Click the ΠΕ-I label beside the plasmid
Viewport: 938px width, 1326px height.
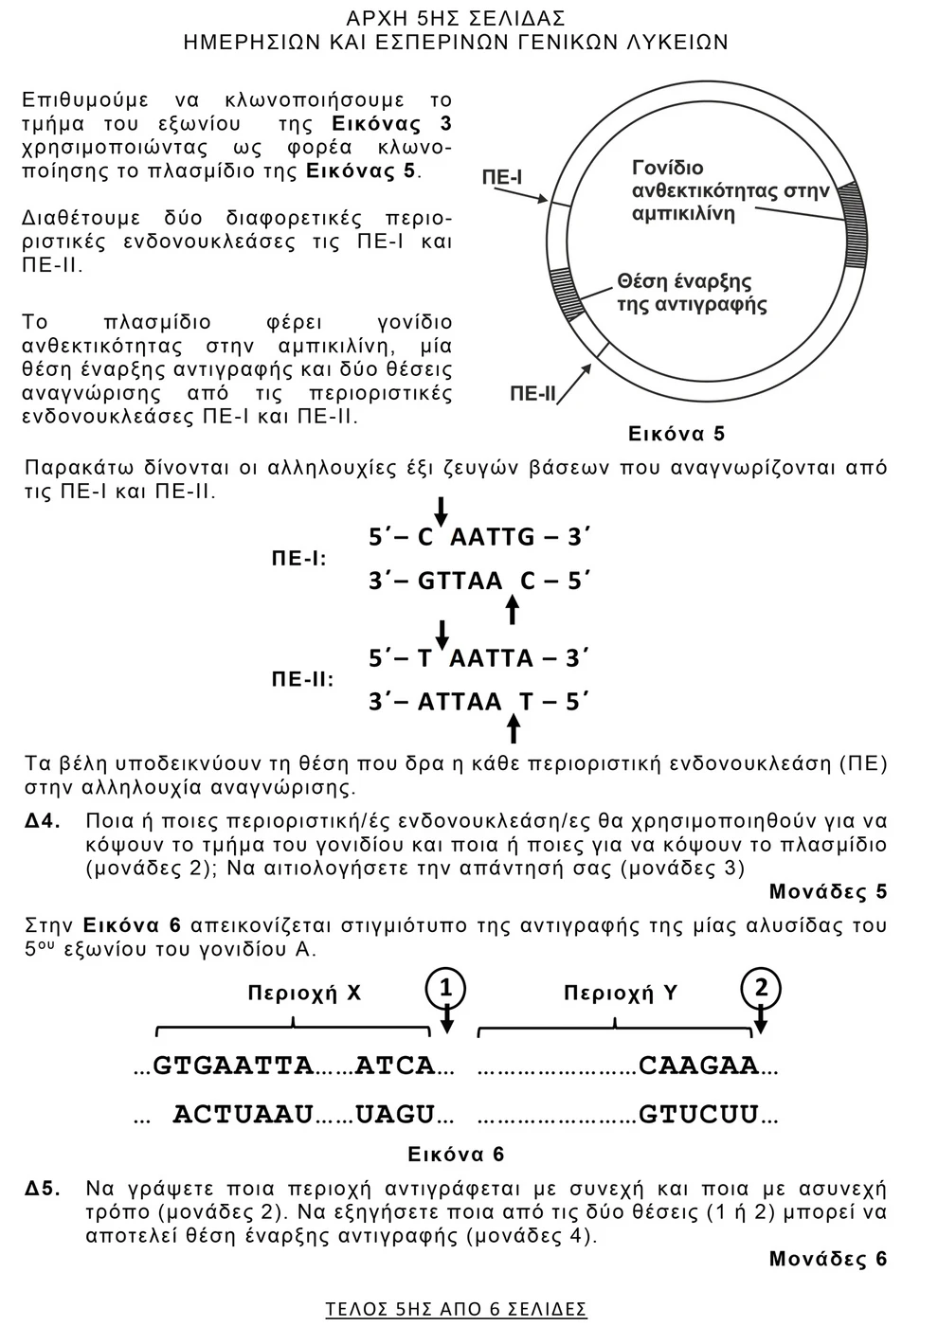tap(502, 177)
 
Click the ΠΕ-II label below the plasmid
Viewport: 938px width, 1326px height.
tap(532, 393)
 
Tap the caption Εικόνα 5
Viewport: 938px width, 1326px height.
tap(676, 434)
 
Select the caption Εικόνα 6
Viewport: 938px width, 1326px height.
tap(456, 1154)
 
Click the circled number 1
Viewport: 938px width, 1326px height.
tap(446, 989)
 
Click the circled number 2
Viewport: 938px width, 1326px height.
tap(760, 989)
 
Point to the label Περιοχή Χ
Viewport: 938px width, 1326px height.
tap(304, 993)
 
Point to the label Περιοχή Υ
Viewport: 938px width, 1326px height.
tap(621, 993)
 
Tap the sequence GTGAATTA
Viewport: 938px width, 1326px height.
tap(233, 1066)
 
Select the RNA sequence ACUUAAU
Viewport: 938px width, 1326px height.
tap(243, 1115)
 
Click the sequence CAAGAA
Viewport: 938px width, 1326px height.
tap(699, 1066)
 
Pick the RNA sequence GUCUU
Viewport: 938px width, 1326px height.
tap(699, 1115)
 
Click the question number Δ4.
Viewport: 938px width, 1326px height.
tap(44, 820)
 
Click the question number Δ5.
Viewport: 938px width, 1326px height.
tap(44, 1188)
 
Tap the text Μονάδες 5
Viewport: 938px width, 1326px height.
tap(828, 891)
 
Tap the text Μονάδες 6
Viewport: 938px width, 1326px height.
tap(828, 1259)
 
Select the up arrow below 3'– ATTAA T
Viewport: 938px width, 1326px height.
tap(513, 727)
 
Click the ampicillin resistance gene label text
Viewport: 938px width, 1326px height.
tap(730, 190)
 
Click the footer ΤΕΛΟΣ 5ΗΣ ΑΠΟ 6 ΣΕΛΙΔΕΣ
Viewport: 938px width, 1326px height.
tap(456, 1309)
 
